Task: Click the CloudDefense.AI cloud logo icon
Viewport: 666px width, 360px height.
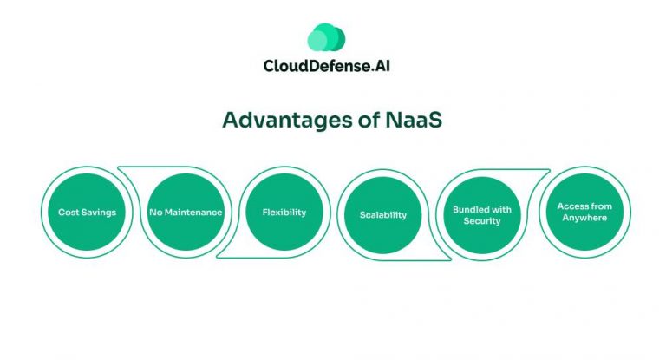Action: point(326,38)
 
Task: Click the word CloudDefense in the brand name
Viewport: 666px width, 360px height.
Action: point(307,66)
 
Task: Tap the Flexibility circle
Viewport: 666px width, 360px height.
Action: point(284,213)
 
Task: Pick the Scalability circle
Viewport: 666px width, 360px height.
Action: point(382,214)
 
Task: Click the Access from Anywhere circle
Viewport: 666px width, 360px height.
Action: point(584,213)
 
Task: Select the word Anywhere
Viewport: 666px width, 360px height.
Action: point(584,219)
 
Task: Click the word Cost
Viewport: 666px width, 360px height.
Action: point(68,213)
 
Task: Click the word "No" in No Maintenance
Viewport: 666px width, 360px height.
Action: point(155,213)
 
